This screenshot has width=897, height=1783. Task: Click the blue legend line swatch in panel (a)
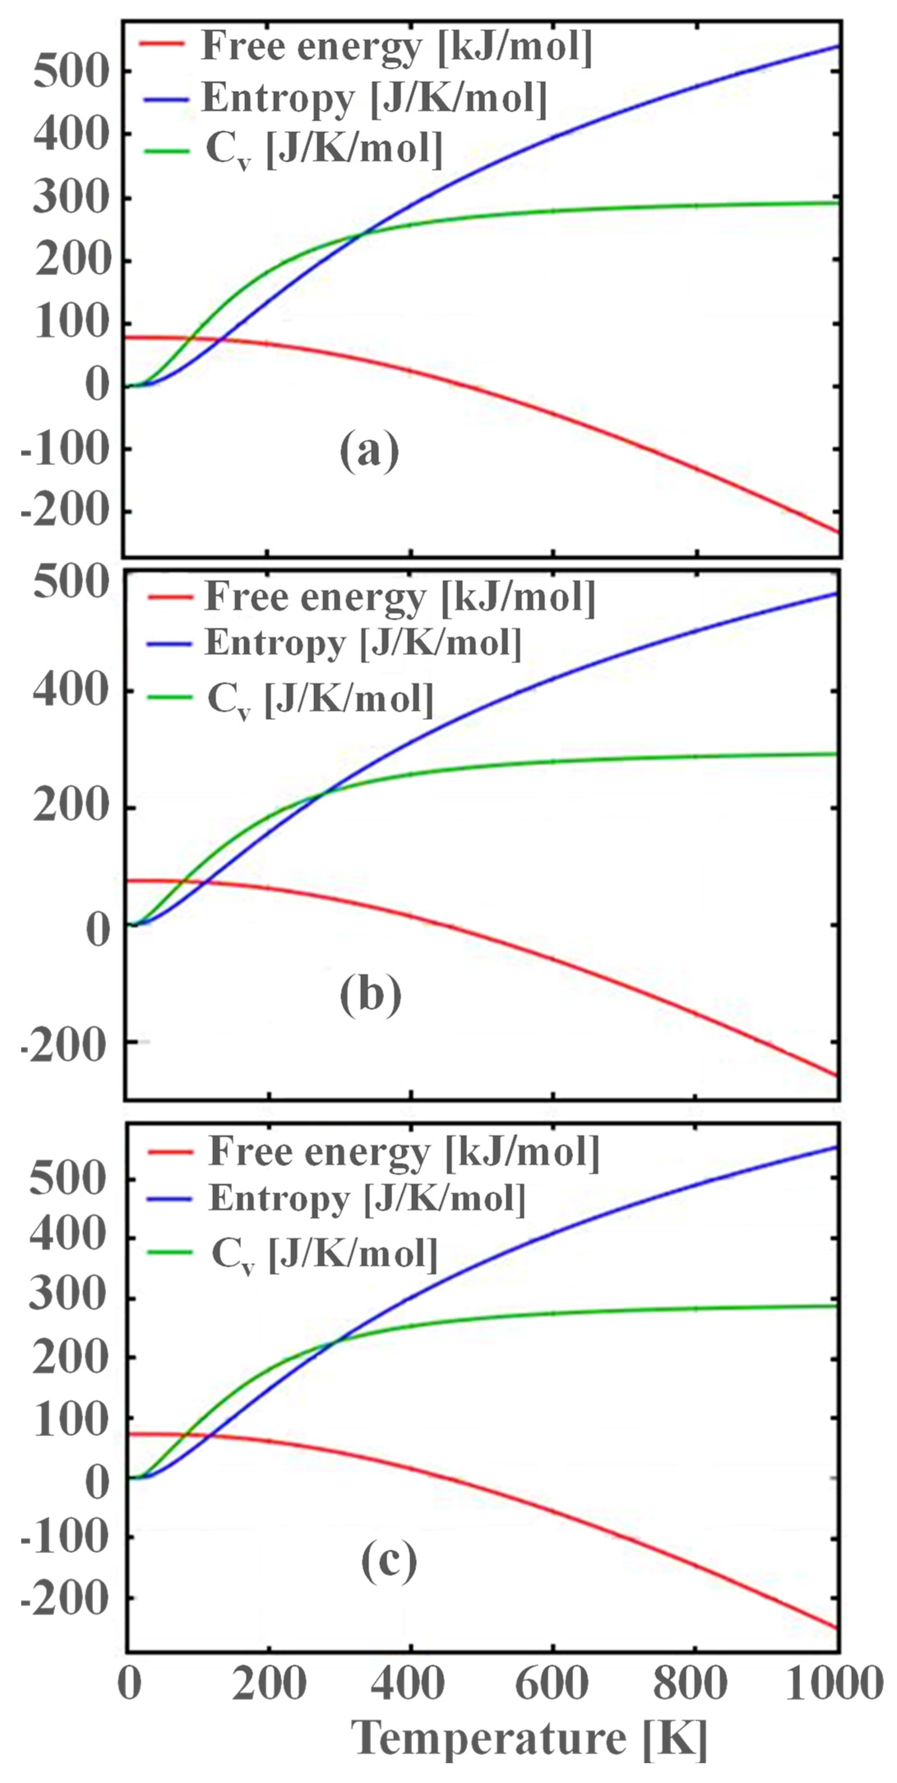point(163,99)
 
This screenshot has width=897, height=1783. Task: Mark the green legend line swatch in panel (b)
point(169,697)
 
